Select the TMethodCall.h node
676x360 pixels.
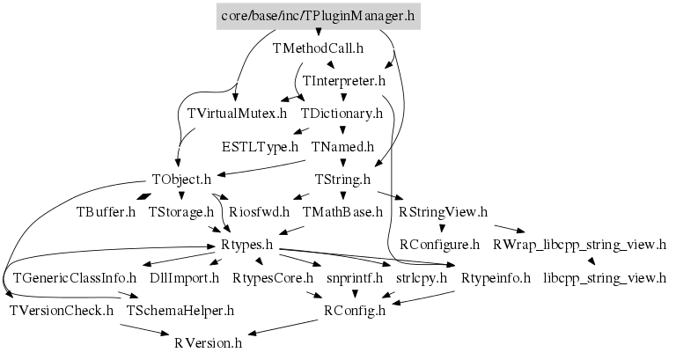pos(318,48)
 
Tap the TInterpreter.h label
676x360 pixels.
pos(344,81)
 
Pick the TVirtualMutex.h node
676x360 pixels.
pos(238,114)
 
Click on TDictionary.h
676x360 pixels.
pos(342,114)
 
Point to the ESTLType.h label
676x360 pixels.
pos(261,146)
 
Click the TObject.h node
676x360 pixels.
pos(181,179)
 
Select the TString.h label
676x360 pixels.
pos(343,179)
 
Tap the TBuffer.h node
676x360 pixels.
pos(106,211)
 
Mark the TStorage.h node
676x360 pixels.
pos(181,211)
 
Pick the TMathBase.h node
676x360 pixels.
pos(343,211)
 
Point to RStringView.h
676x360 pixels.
pos(443,211)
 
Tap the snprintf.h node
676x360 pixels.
pos(355,277)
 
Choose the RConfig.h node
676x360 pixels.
pos(355,310)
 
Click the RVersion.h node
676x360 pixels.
pos(208,342)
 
